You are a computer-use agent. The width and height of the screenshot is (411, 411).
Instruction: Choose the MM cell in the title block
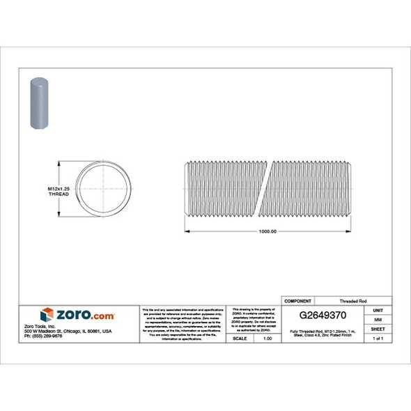tap(378, 318)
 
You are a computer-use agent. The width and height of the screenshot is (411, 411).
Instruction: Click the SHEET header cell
tap(378, 328)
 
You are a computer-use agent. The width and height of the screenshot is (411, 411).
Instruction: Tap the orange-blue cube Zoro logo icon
tap(46, 314)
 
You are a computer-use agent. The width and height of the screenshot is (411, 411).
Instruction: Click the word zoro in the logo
tap(71, 314)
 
